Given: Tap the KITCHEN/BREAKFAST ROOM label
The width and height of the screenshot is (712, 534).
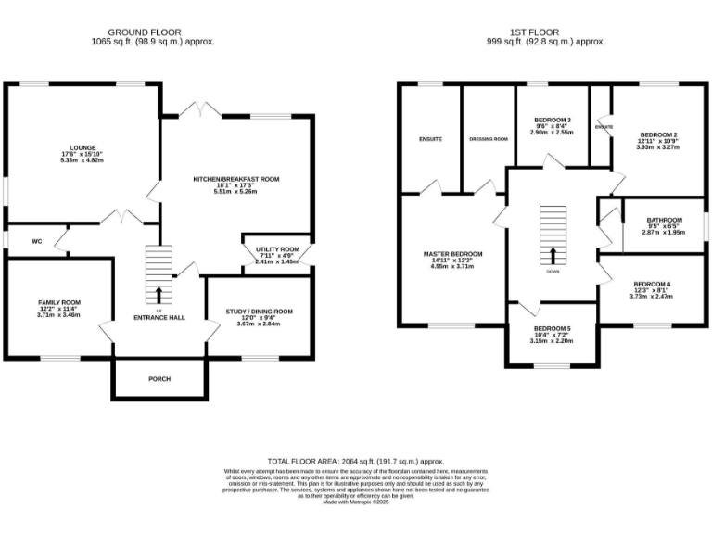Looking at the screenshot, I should pos(235,178).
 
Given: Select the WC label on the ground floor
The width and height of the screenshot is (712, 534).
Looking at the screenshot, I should pos(37,241).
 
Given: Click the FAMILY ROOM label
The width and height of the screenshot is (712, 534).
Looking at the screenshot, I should pos(59,302).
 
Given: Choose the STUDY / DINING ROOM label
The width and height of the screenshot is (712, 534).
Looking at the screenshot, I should pos(259,311).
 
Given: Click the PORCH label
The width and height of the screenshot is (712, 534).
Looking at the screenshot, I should pos(159,378).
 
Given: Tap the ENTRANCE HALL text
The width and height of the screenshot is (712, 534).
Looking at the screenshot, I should pos(159,317).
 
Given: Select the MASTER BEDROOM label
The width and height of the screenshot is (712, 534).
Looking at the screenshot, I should pos(452,254).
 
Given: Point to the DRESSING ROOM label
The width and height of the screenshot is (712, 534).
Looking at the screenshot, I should pos(489,139).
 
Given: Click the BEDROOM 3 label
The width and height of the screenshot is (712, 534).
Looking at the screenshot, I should pos(552,121).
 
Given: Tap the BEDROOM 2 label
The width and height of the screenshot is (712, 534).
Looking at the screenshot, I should pos(657,134).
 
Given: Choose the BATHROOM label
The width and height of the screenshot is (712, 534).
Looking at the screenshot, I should pos(664,220).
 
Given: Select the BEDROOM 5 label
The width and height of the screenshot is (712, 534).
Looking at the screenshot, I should pos(552,328).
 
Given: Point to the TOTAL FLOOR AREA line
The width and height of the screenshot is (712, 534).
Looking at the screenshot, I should pos(355,461).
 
